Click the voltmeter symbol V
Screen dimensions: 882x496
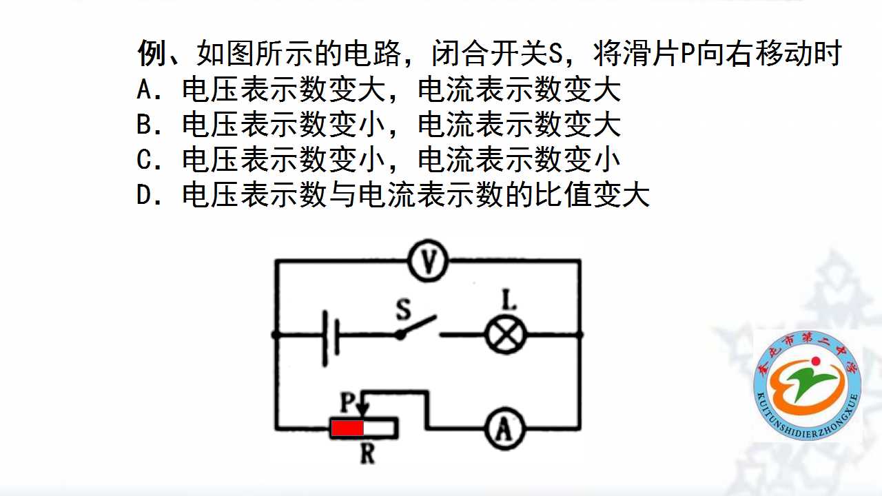coord(428,260)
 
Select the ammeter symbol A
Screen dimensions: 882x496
coord(504,428)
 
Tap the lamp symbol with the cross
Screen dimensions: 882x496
coord(506,335)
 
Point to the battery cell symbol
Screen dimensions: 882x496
coord(331,338)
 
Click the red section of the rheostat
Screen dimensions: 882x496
coord(347,428)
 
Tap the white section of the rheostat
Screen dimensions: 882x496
coord(379,428)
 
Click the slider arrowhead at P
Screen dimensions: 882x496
coord(364,409)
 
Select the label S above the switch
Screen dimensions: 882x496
coord(403,309)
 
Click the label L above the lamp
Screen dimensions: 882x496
coord(509,300)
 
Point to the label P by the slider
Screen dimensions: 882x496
coord(348,402)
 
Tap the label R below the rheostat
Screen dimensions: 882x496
coord(367,453)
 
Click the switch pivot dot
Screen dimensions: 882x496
coord(400,335)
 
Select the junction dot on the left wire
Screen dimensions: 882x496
coord(276,335)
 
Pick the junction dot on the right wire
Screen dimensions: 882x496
coord(580,335)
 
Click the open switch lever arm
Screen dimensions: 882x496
coord(419,325)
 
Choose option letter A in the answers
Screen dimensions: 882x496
coord(144,90)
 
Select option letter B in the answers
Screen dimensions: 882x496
coord(144,125)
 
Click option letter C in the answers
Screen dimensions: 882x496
coord(144,160)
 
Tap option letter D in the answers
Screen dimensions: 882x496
coord(144,195)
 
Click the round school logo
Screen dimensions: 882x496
coord(807,385)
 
